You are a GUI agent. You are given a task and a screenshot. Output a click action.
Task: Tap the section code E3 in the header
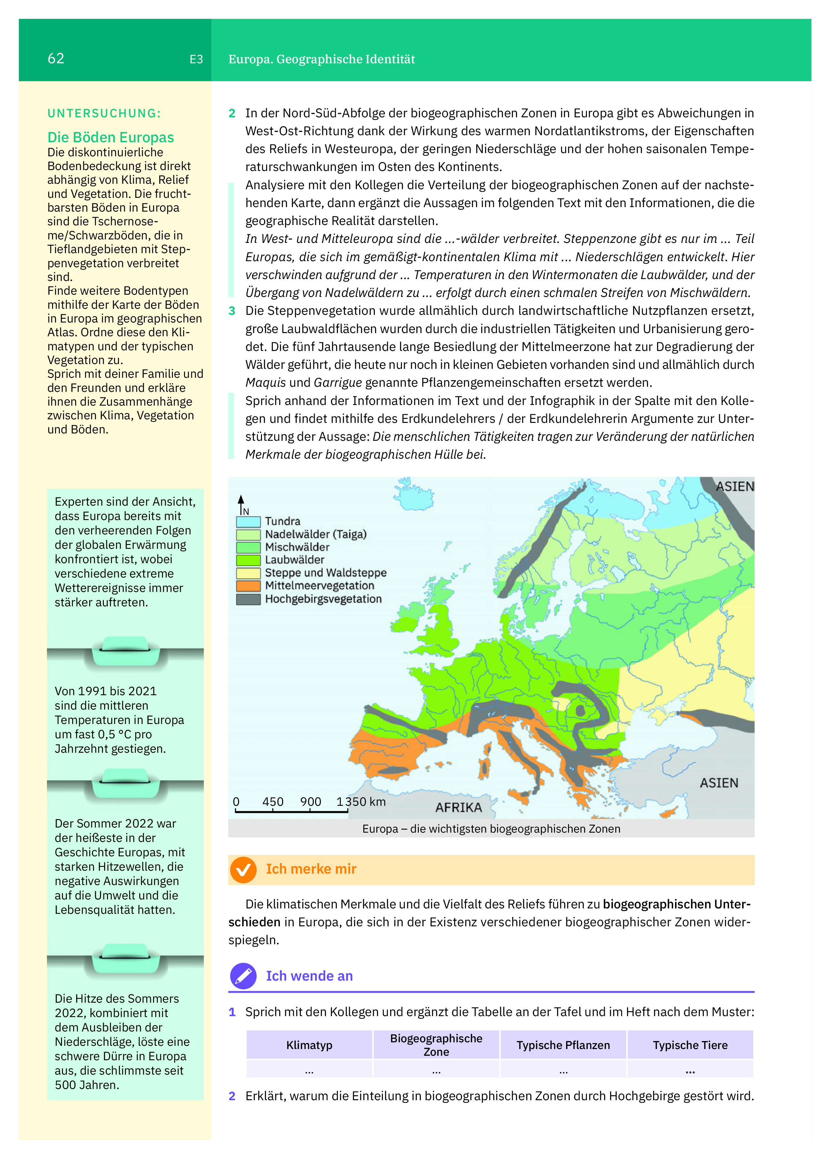(196, 59)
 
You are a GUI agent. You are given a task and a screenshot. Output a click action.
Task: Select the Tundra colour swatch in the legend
(248, 522)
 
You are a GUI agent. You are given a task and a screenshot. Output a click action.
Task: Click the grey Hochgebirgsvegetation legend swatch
(248, 599)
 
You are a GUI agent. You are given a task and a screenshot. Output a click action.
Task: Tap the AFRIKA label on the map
(458, 807)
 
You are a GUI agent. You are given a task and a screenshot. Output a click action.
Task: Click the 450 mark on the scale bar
(273, 802)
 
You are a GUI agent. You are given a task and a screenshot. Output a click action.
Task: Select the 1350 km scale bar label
(361, 802)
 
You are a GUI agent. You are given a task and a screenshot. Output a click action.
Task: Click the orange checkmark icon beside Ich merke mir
(243, 870)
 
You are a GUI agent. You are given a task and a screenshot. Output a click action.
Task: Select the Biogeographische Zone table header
(436, 1045)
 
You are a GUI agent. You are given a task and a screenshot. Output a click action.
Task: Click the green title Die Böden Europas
(110, 137)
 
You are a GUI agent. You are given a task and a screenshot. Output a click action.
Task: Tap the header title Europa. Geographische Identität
(321, 59)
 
